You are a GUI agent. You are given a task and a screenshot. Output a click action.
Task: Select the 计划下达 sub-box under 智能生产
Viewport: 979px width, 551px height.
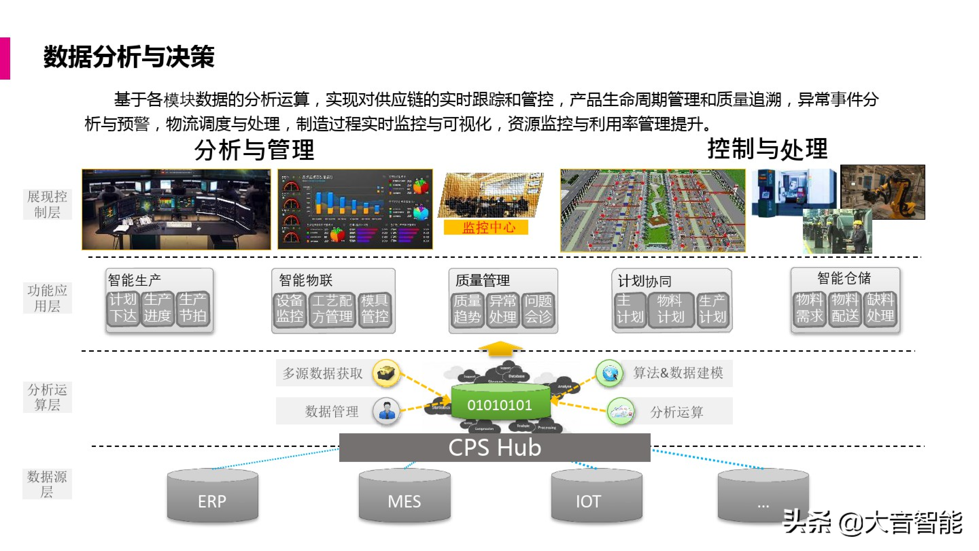[x=123, y=308]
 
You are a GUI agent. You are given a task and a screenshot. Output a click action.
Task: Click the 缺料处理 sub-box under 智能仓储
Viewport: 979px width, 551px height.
[x=880, y=308]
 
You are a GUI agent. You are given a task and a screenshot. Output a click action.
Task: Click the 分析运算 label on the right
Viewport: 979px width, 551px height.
[x=676, y=412]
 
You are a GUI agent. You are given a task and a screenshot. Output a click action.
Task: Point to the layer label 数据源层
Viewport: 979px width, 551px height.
[x=47, y=484]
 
